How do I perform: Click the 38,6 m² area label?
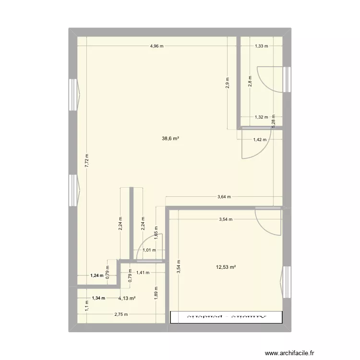click(171, 138)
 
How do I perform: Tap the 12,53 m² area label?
click(228, 267)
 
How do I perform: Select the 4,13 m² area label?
click(127, 298)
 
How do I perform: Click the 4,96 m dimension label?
click(156, 46)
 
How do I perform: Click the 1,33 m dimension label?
click(261, 46)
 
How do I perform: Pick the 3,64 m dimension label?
click(224, 196)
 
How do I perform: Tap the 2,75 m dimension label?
click(121, 314)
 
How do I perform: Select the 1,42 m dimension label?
click(260, 140)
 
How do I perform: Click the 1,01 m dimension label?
click(151, 250)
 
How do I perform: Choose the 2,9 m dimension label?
click(228, 84)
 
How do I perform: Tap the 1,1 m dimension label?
click(87, 304)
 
